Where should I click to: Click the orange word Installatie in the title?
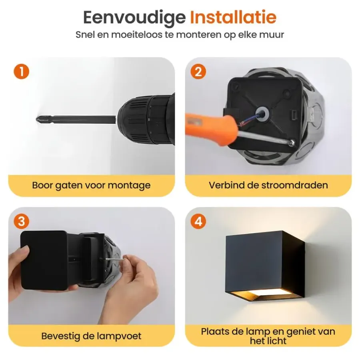click(233, 17)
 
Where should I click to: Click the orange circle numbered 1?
click(21, 72)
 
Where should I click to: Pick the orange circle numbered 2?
click(198, 72)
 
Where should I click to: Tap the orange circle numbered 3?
click(21, 221)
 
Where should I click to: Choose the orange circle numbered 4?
click(198, 221)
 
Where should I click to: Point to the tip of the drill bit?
click(36, 119)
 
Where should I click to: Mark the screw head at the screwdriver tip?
click(292, 142)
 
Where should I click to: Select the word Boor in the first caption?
click(42, 185)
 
